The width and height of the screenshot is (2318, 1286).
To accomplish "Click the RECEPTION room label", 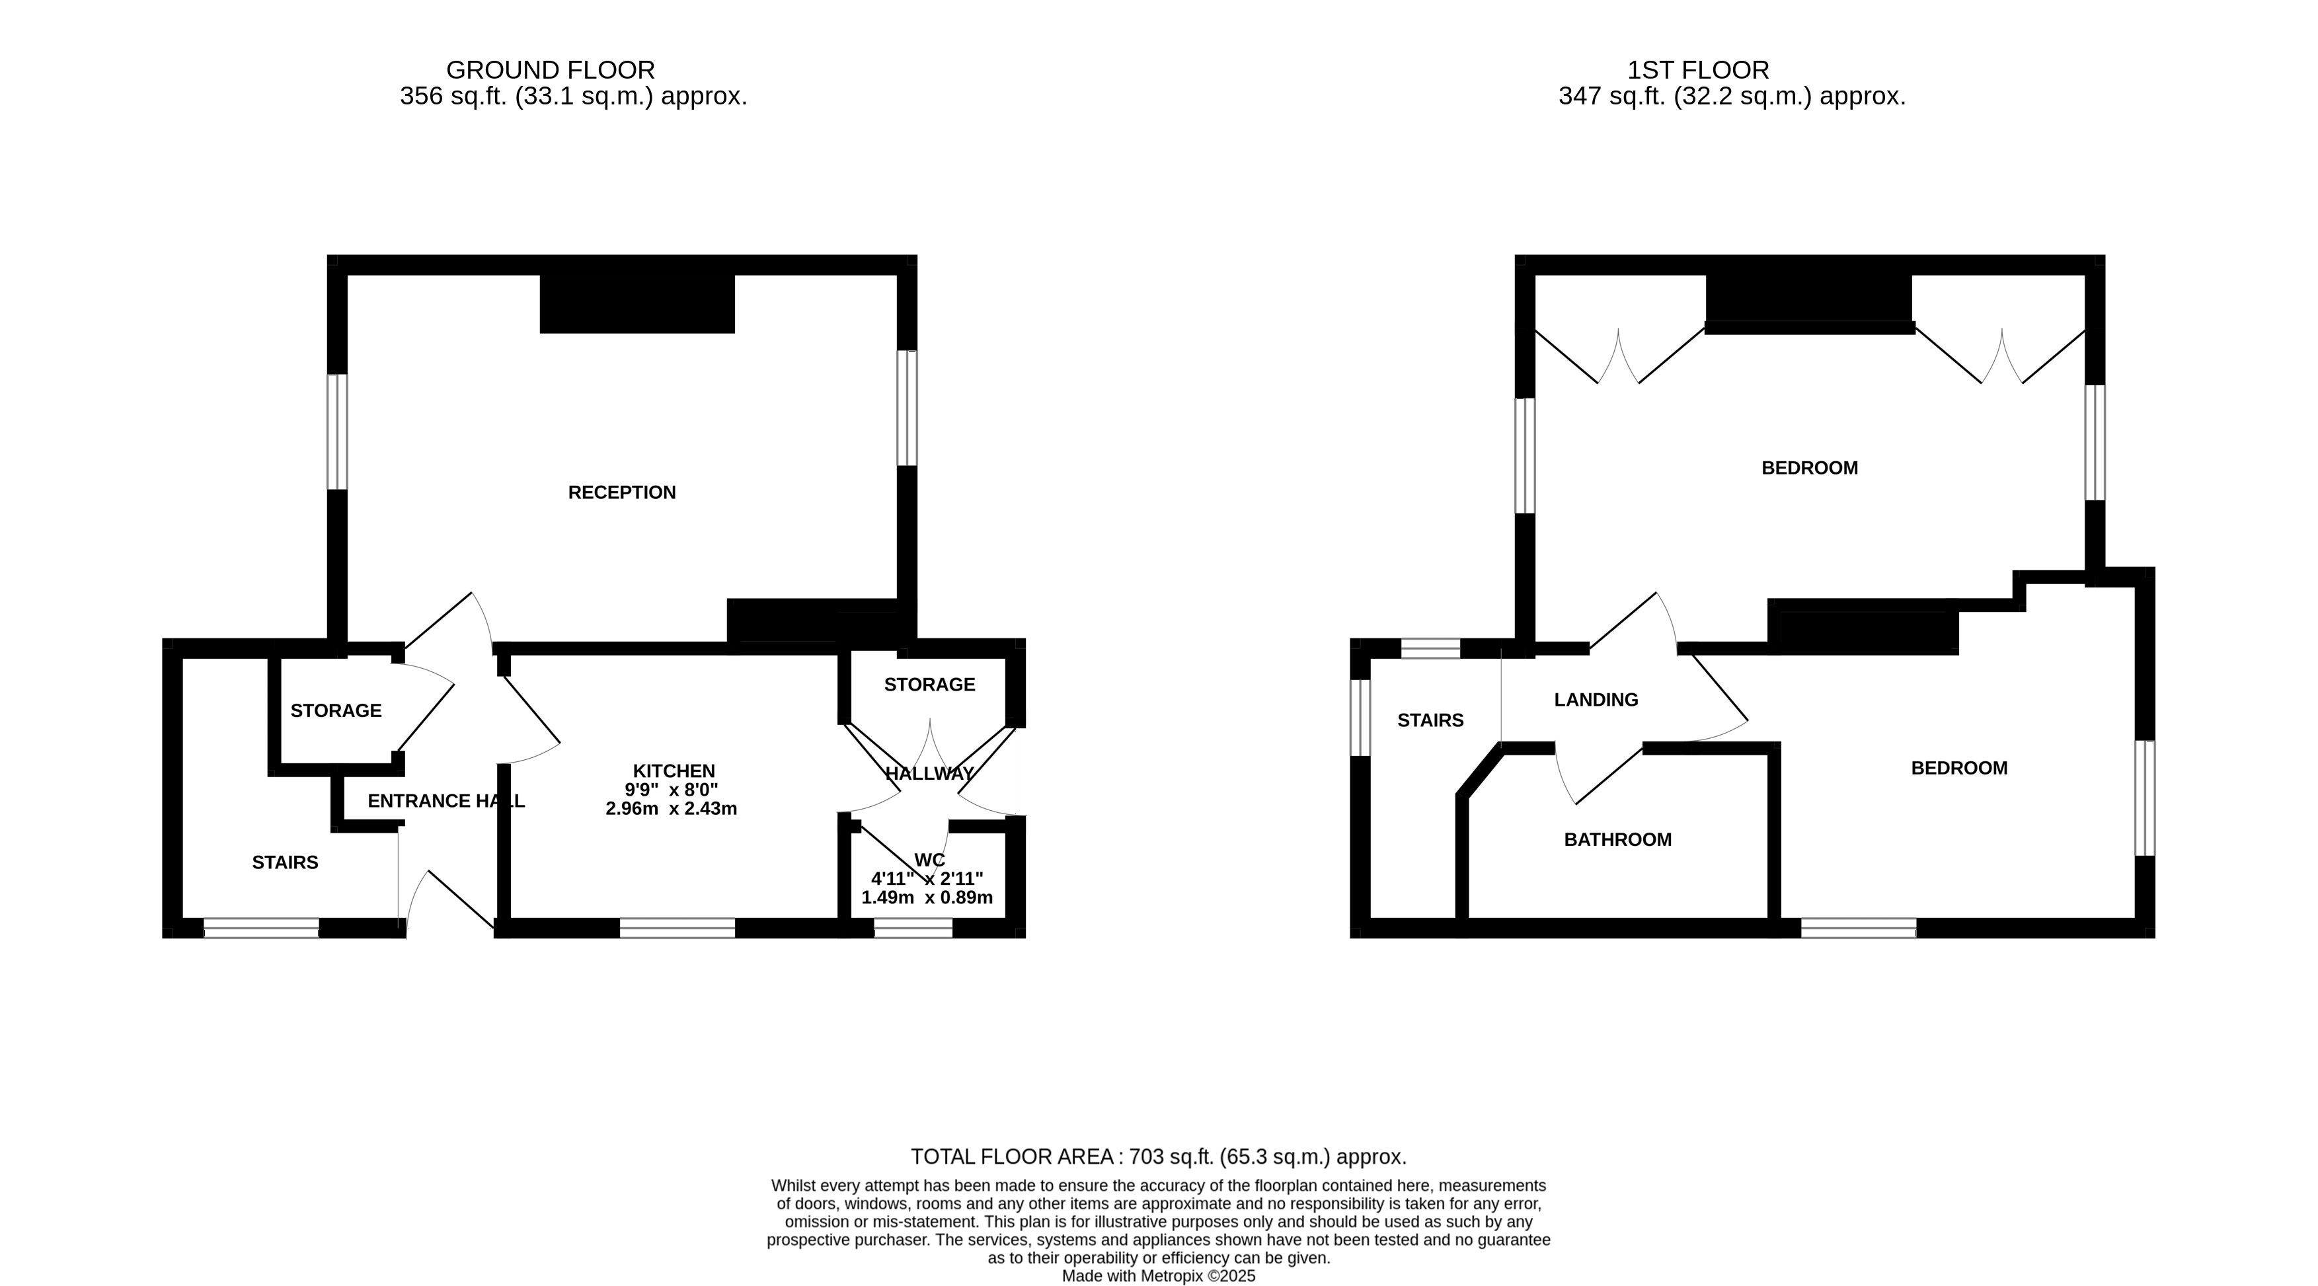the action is (622, 492).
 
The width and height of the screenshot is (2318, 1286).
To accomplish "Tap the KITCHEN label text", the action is (674, 771).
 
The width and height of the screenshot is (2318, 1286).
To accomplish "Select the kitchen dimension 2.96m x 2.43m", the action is (672, 809).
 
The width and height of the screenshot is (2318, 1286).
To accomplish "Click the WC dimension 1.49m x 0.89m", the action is (927, 897).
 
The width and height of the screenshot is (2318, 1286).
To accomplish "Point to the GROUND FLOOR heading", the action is (551, 70).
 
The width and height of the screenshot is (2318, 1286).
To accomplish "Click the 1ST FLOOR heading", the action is (1698, 70).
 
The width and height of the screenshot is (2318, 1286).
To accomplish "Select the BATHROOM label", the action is (1618, 840).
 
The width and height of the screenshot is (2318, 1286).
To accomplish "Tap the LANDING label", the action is (1596, 699).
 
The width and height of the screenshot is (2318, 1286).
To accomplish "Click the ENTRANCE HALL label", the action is (446, 801).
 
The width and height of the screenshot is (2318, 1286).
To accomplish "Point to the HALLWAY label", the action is (929, 774).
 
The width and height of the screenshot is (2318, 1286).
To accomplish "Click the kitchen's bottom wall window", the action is (677, 928).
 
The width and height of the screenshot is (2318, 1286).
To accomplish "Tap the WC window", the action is (913, 928).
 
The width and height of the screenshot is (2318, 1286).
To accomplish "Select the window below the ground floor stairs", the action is (261, 928).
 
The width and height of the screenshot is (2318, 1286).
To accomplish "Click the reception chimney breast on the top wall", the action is (637, 303).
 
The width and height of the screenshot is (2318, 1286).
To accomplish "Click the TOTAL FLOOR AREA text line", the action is (1158, 1156).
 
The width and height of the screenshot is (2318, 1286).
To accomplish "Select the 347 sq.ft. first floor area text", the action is (1732, 96).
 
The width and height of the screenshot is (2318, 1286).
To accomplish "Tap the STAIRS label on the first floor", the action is (1431, 720).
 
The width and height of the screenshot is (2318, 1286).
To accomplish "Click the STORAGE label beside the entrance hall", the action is (336, 711).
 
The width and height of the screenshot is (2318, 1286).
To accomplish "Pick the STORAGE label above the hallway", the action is (929, 685).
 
